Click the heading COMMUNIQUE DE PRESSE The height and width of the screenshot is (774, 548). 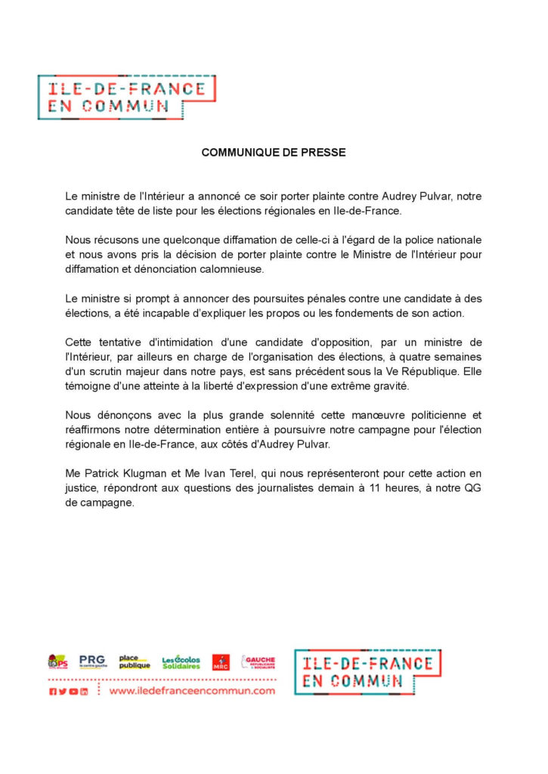pos(274,153)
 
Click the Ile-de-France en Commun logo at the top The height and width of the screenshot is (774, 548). pos(126,97)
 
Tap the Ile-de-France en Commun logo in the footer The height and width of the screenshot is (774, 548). pos(367,672)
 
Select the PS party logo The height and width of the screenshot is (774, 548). pos(57,662)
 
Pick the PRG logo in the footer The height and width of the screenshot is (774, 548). pos(92,661)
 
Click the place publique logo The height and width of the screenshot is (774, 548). pos(135,662)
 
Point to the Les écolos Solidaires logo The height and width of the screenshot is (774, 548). pos(181,662)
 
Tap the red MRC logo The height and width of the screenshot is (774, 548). pos(221,662)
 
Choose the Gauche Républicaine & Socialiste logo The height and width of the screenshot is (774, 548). pos(259,662)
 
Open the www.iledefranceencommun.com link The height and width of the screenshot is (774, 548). pos(192,691)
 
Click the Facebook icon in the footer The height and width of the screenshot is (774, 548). pos(53,692)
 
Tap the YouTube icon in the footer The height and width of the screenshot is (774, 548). pos(73,692)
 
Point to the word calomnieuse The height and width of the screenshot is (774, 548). pos(244,269)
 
